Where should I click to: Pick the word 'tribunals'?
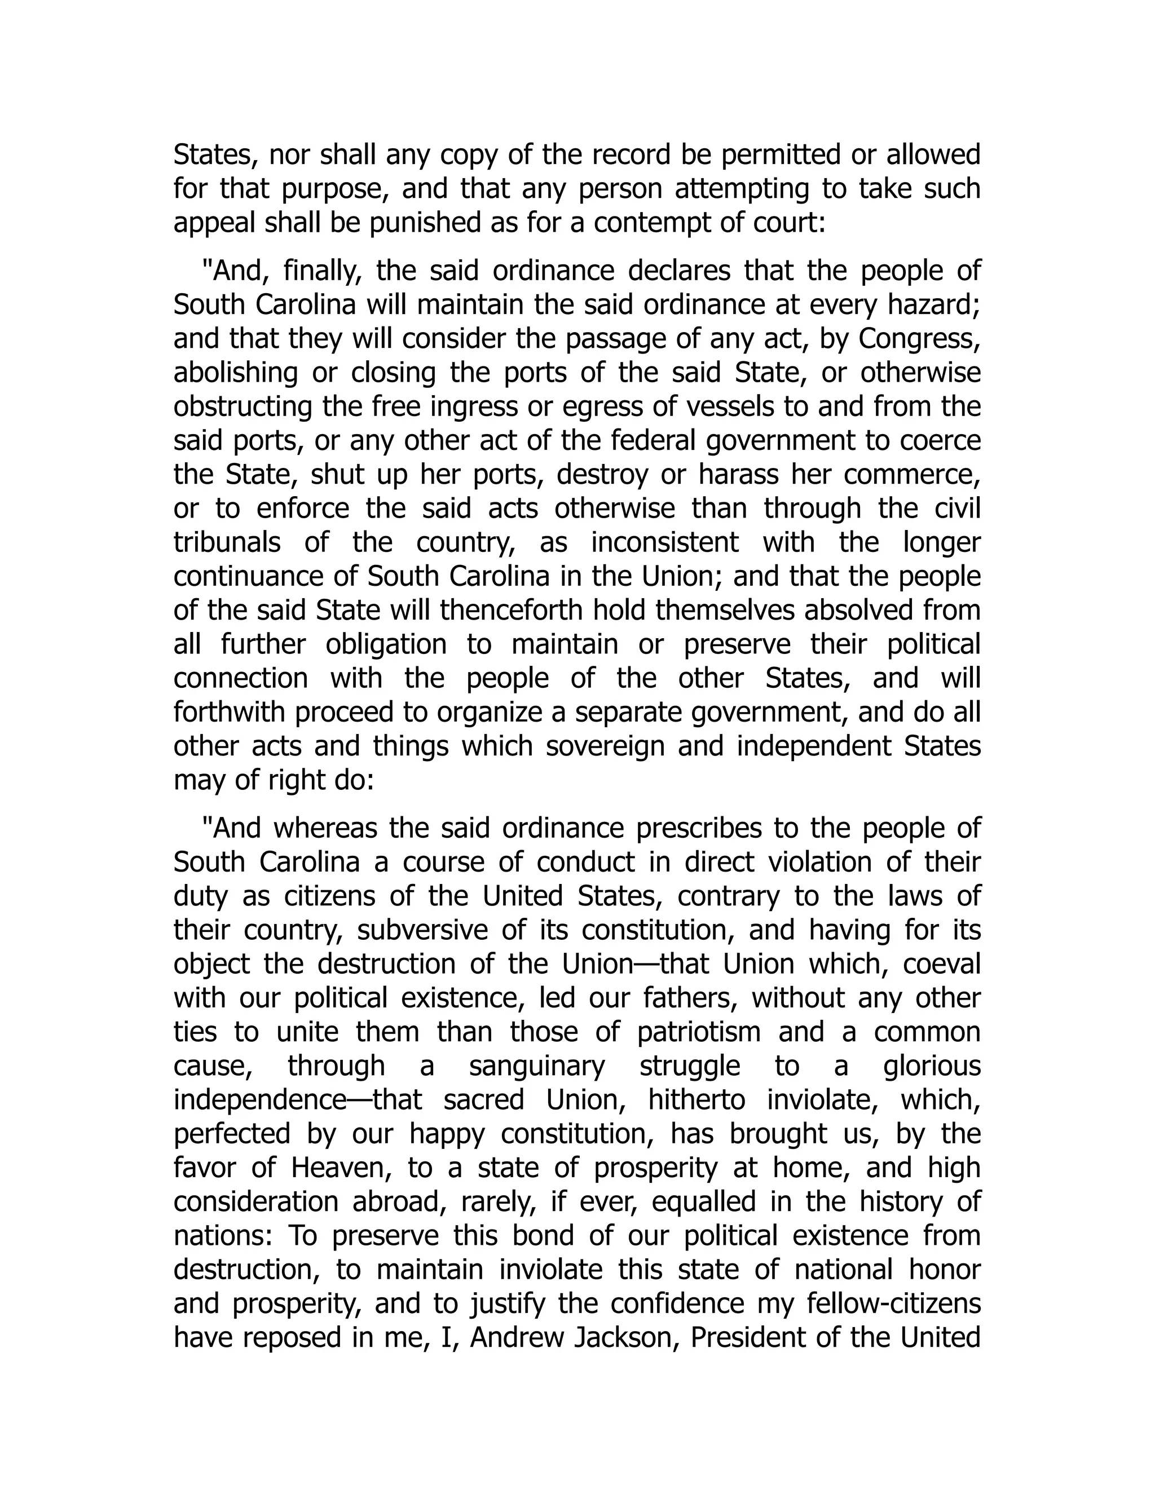pyautogui.click(x=227, y=542)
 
